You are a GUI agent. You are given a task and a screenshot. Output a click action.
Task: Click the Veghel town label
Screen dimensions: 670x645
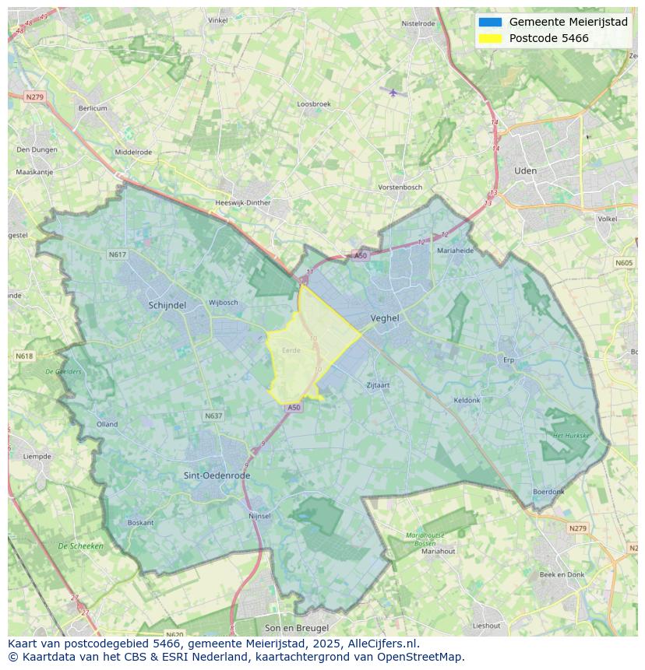click(x=385, y=317)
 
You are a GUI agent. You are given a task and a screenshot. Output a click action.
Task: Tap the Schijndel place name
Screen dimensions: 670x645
click(x=167, y=306)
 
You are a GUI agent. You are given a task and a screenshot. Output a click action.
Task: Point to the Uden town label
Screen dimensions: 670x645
click(x=525, y=170)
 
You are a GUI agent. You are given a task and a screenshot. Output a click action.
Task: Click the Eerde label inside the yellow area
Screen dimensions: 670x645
click(x=291, y=350)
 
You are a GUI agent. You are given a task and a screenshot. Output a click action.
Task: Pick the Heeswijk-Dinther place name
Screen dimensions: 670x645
click(x=242, y=203)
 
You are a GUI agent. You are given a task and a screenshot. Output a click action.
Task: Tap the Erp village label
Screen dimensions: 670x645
click(x=509, y=360)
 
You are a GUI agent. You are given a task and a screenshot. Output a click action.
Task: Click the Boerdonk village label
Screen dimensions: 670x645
click(x=548, y=492)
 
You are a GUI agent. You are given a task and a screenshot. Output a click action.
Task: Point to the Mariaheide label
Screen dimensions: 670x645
click(x=455, y=251)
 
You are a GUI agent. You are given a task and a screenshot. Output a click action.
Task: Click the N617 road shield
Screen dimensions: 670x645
click(x=117, y=254)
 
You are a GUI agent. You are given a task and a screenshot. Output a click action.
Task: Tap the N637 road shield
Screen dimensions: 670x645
click(x=213, y=416)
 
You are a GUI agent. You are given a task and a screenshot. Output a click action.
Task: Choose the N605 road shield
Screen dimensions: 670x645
click(x=624, y=263)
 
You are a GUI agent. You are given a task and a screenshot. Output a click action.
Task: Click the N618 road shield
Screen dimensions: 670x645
click(x=24, y=356)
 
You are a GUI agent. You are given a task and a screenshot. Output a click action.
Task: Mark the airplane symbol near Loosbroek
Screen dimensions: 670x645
click(x=393, y=93)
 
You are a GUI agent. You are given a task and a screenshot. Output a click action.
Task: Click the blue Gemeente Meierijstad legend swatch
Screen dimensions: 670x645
click(x=491, y=22)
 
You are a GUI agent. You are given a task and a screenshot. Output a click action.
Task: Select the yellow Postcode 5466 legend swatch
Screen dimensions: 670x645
click(x=491, y=38)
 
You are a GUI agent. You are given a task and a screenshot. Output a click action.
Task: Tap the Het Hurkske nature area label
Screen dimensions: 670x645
click(x=570, y=436)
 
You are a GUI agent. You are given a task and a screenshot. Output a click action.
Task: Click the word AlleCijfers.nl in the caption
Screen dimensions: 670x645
click(x=384, y=644)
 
